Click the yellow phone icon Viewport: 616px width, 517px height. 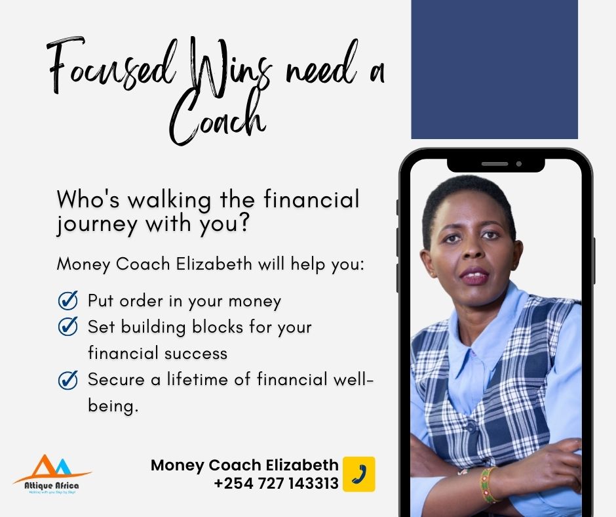pyautogui.click(x=359, y=474)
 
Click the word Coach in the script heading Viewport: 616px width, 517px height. pyautogui.click(x=216, y=121)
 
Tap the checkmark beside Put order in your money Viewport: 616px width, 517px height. pyautogui.click(x=68, y=301)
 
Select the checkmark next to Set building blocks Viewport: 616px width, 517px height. pyautogui.click(x=68, y=326)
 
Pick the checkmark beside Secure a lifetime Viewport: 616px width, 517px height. pyautogui.click(x=68, y=380)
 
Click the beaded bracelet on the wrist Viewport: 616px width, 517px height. pyautogui.click(x=488, y=484)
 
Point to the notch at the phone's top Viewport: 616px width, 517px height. pyautogui.click(x=495, y=164)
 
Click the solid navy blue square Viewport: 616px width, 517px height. pyautogui.click(x=494, y=69)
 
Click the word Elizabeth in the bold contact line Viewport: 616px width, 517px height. pyautogui.click(x=302, y=465)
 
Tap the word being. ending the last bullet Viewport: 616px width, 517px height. pyautogui.click(x=113, y=406)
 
